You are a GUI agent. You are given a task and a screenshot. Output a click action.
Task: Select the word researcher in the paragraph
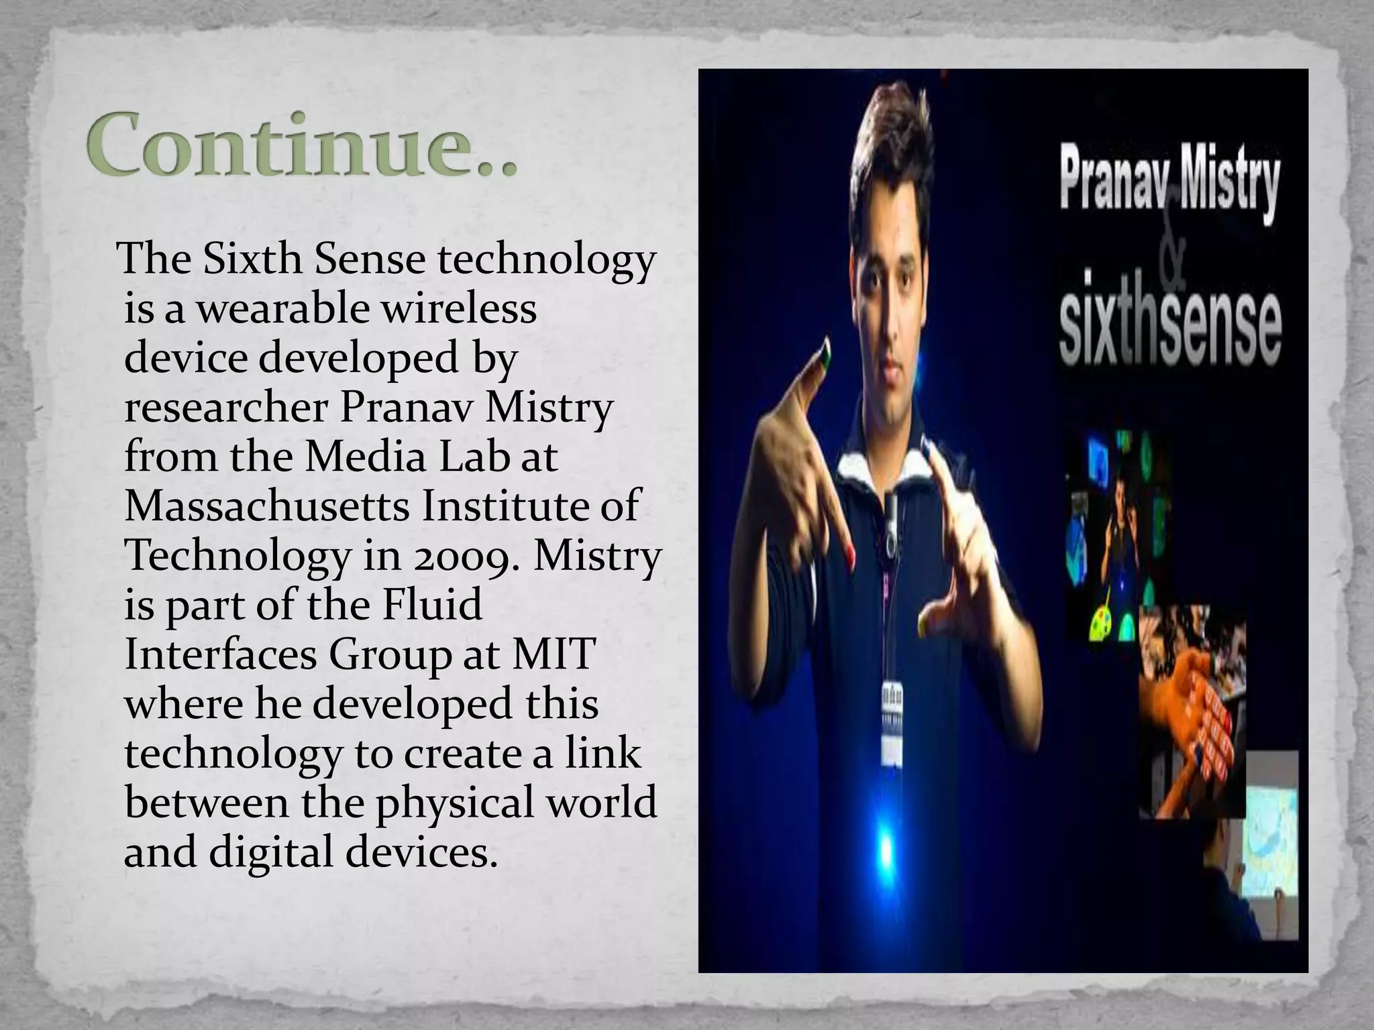tap(226, 408)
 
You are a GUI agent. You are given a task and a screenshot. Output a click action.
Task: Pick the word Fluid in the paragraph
tap(431, 605)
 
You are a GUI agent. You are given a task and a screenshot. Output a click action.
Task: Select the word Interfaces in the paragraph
tap(221, 654)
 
